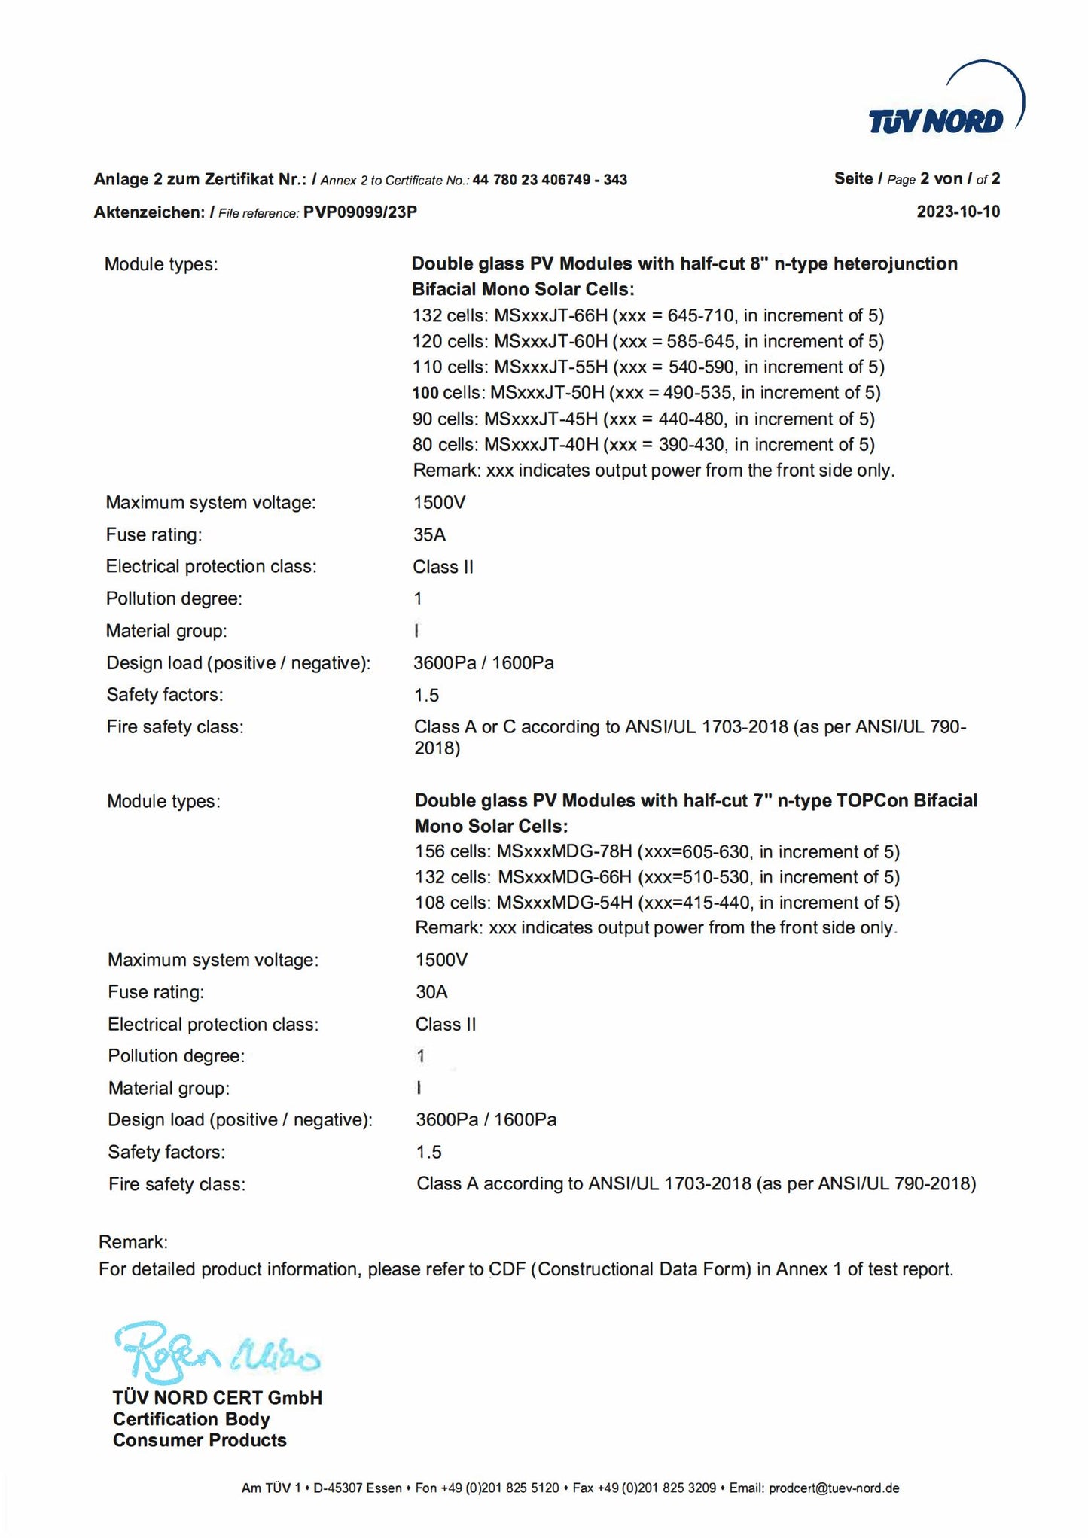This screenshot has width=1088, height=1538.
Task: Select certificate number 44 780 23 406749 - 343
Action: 550,180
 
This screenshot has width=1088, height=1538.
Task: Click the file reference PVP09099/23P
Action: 360,212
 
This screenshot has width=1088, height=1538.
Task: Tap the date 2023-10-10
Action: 958,212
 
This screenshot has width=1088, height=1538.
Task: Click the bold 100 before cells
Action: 425,393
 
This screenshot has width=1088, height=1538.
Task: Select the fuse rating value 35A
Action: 429,534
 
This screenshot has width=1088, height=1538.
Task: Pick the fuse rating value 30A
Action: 431,992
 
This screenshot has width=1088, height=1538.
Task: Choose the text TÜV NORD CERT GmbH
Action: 217,1398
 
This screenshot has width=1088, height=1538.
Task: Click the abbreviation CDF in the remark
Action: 507,1269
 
